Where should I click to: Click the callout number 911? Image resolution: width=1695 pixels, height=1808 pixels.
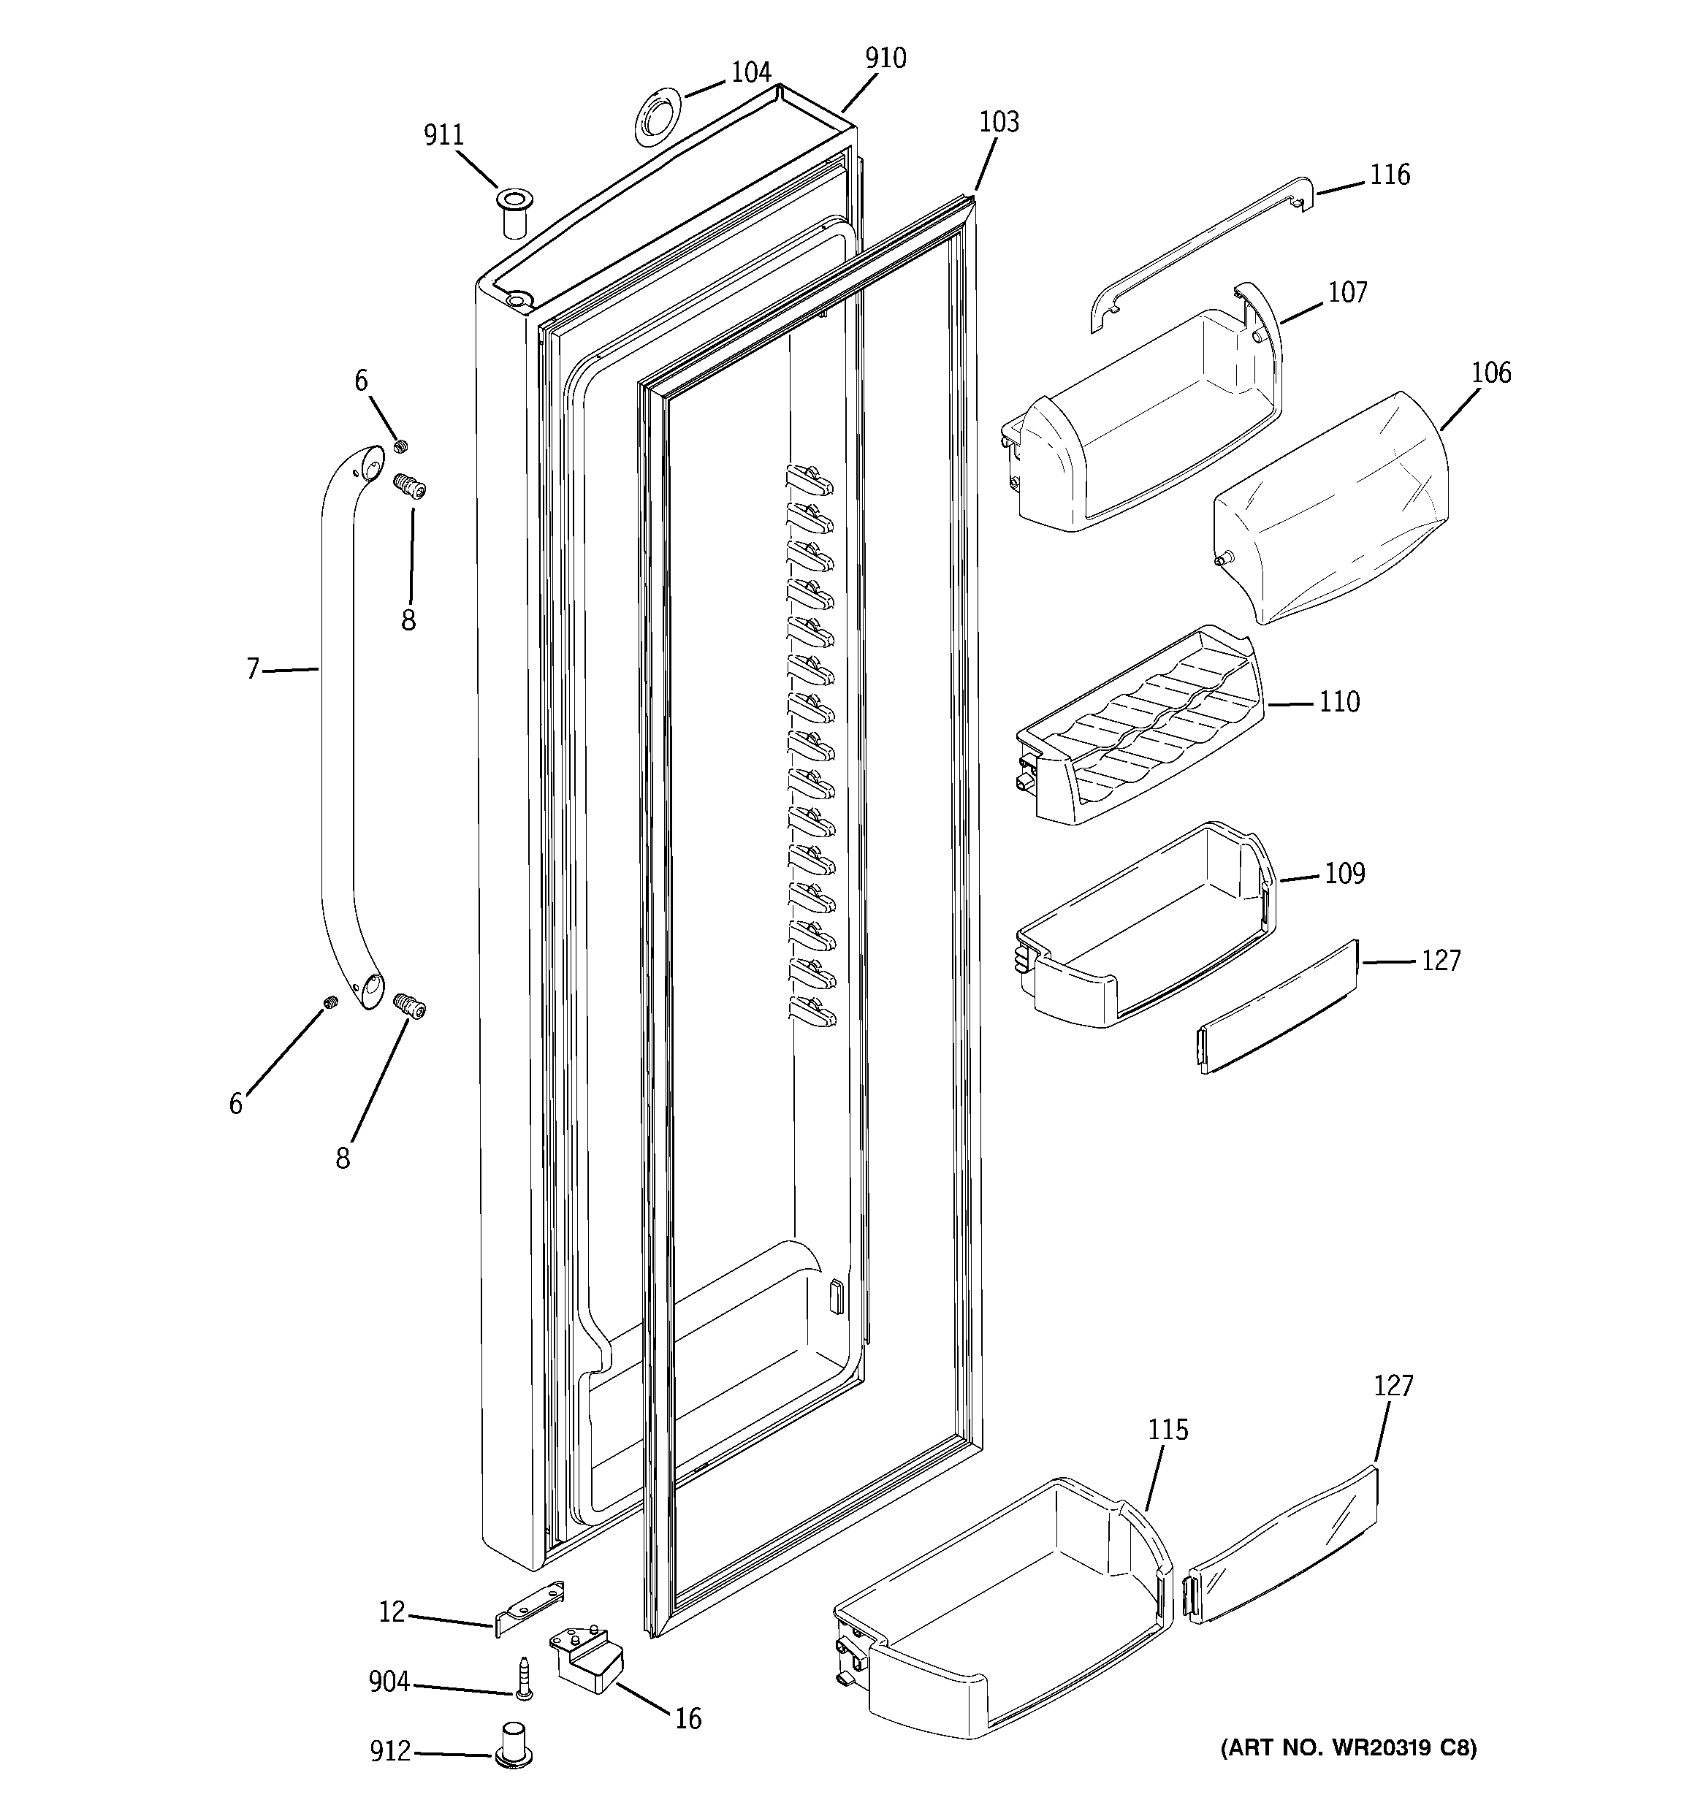(x=443, y=136)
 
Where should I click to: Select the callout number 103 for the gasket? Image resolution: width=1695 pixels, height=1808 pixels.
(x=998, y=122)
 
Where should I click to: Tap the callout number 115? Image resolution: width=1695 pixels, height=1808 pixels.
(x=1168, y=1430)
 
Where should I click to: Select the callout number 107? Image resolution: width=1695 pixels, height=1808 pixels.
(x=1347, y=292)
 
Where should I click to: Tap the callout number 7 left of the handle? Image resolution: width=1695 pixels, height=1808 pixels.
(x=253, y=669)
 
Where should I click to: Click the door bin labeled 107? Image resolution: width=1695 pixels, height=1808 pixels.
(x=1146, y=427)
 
